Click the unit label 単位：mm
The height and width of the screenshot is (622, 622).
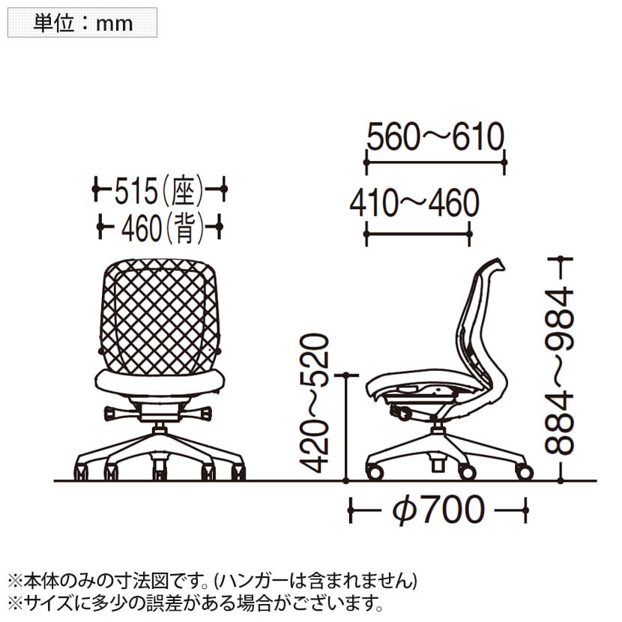coord(83,23)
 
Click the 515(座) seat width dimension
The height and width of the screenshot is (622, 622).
coord(159,191)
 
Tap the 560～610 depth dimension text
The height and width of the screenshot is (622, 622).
coord(435,136)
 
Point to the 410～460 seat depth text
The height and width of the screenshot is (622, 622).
coord(414,202)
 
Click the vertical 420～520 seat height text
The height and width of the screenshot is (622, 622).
coord(314,403)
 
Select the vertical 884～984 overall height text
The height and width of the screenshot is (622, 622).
coord(559,372)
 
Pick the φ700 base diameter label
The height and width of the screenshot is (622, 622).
coord(438,510)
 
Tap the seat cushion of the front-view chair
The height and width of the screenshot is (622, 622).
coord(160,383)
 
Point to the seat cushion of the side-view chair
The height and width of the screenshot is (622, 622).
coord(424,382)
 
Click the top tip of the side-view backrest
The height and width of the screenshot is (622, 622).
coord(498,259)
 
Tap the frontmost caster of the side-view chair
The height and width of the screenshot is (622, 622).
coord(375,471)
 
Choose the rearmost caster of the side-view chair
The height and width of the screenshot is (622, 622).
coord(524,471)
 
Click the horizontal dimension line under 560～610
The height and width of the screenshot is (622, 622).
coord(435,162)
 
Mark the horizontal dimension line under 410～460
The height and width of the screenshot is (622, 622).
coord(417,234)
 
